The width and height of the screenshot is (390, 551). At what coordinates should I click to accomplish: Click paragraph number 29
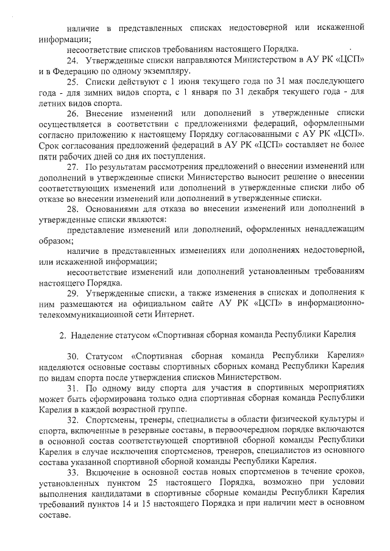point(73,293)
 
